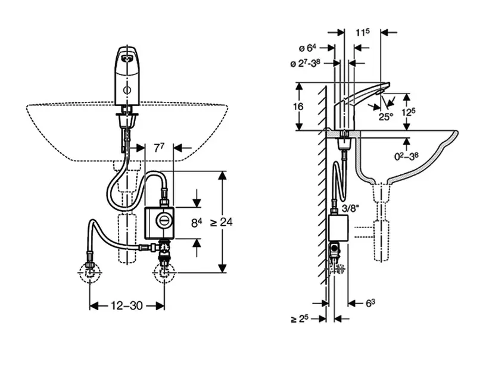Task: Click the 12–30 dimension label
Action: click(127, 306)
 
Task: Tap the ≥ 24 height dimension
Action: click(222, 222)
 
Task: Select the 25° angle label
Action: click(386, 117)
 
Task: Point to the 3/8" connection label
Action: click(350, 208)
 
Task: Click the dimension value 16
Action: click(298, 107)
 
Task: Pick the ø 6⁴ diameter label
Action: click(307, 48)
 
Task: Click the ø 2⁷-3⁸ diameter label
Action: click(306, 64)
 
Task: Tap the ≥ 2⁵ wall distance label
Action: click(300, 318)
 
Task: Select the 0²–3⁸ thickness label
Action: click(406, 156)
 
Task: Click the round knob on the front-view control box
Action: click(163, 221)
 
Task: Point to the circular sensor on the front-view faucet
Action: click(127, 90)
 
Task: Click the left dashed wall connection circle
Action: click(90, 273)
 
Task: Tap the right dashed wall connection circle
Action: click(164, 273)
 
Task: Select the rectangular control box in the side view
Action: click(338, 228)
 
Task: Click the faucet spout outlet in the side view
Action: click(379, 93)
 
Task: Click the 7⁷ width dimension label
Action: click(159, 148)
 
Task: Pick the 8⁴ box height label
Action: click(197, 223)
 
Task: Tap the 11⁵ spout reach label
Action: click(362, 32)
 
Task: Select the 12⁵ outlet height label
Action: click(408, 111)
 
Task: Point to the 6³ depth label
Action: click(370, 304)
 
